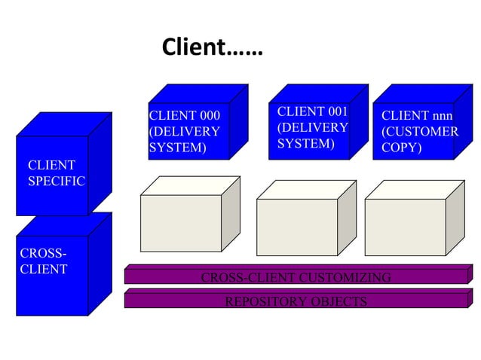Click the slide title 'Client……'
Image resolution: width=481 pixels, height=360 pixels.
212,49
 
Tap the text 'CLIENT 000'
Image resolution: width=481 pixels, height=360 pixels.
185,116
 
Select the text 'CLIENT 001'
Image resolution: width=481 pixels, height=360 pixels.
312,112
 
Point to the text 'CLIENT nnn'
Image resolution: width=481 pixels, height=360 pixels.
417,116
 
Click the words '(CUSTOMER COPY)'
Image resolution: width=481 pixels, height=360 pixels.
419,139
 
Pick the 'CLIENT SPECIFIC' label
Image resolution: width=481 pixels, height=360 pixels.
56,173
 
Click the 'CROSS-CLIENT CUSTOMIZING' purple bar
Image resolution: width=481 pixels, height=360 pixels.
296,278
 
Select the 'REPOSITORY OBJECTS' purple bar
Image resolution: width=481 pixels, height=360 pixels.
296,302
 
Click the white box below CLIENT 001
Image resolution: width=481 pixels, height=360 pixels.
297,227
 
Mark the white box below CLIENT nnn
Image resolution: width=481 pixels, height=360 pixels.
405,227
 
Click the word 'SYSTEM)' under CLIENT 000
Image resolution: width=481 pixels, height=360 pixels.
177,148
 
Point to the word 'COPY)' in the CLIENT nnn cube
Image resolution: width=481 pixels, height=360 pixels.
401,148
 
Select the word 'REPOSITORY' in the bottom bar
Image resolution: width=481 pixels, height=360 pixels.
263,302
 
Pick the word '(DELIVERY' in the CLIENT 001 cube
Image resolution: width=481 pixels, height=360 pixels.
312,127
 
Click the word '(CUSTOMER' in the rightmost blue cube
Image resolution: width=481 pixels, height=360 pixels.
419,132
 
